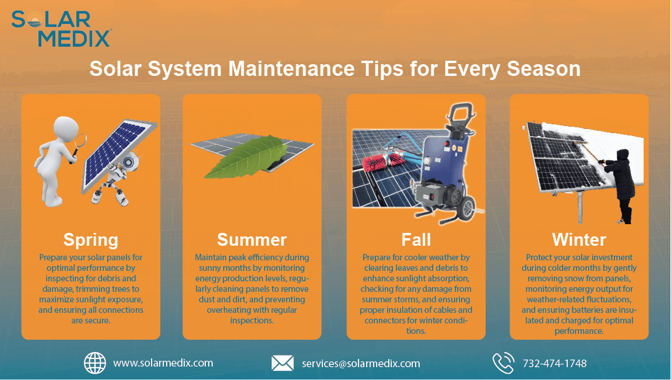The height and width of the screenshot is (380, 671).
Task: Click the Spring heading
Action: pyautogui.click(x=91, y=239)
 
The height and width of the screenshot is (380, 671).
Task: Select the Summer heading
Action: pyautogui.click(x=252, y=239)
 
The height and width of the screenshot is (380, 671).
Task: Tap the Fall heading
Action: pyautogui.click(x=416, y=239)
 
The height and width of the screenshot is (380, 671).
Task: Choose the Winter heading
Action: pyautogui.click(x=579, y=239)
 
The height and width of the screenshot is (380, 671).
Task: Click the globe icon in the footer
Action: pyautogui.click(x=95, y=362)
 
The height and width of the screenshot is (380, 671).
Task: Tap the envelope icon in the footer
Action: pyautogui.click(x=283, y=363)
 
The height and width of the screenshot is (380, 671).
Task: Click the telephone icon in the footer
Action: pyautogui.click(x=503, y=362)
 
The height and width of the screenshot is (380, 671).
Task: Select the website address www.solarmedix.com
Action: pyautogui.click(x=163, y=362)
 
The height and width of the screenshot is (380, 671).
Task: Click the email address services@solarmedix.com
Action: pyautogui.click(x=361, y=363)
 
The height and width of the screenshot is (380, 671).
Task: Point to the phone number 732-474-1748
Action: pyautogui.click(x=554, y=363)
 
